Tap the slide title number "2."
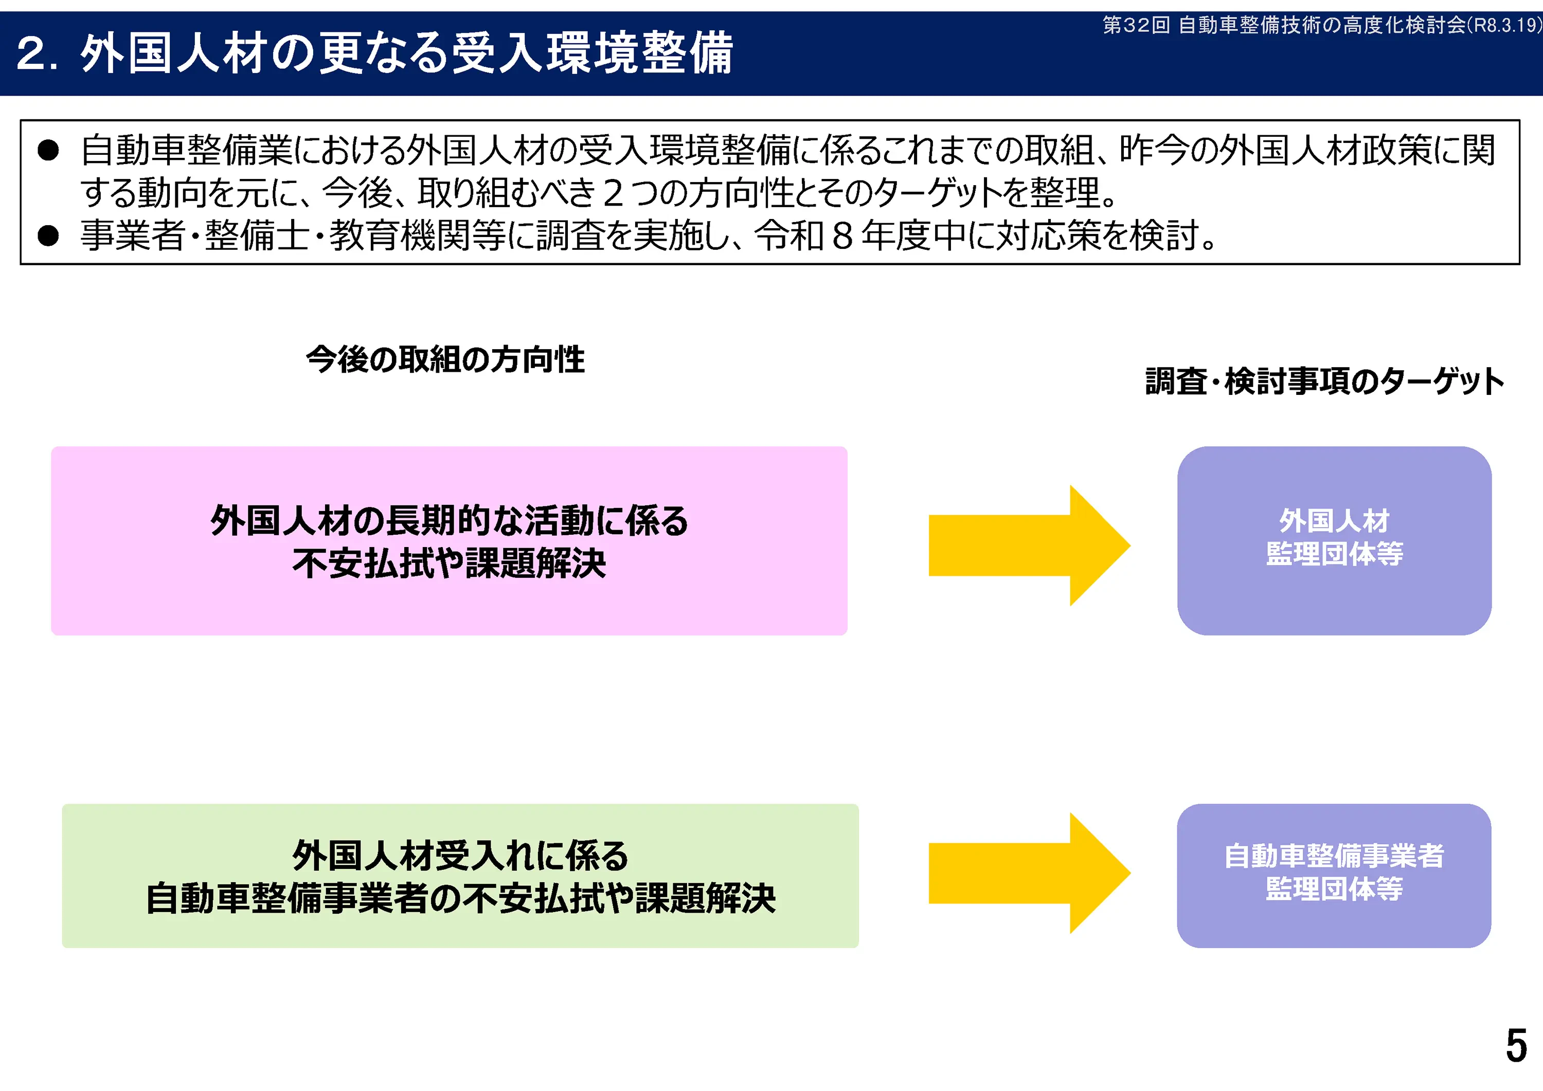point(38,54)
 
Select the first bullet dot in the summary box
point(48,151)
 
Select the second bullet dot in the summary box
point(48,236)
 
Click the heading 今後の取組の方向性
point(445,359)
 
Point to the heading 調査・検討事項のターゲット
point(1324,381)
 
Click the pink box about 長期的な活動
point(449,541)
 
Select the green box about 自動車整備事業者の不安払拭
point(460,876)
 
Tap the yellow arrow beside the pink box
point(1028,545)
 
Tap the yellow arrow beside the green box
point(1028,874)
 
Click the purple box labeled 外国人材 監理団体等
point(1334,541)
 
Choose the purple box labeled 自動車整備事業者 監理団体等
point(1334,876)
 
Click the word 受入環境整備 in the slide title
point(591,54)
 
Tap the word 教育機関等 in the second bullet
point(417,236)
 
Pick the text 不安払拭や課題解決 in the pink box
point(449,563)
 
